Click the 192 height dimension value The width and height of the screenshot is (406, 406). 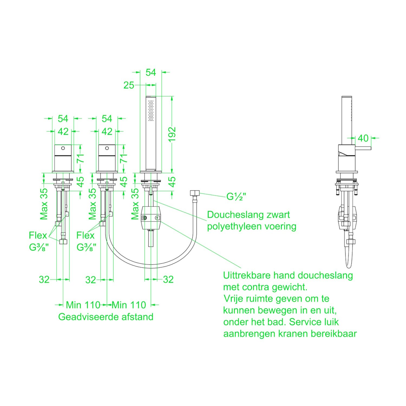(172, 134)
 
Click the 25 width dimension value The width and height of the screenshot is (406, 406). (129, 85)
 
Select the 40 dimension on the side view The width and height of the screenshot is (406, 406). (363, 138)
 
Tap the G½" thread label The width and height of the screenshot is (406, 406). (236, 197)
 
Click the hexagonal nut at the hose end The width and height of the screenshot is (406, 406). (195, 194)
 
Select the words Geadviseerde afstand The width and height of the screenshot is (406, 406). (106, 317)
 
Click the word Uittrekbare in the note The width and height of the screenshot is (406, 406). (247, 275)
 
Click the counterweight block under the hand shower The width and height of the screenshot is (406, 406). (151, 217)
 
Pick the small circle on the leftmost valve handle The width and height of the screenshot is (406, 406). (63, 148)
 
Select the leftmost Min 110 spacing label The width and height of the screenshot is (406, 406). (83, 305)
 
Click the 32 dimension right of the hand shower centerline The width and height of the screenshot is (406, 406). (168, 279)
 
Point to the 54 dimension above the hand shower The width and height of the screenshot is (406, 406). (151, 73)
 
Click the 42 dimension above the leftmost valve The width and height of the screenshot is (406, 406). (63, 132)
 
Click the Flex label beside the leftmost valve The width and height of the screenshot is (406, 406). (38, 235)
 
